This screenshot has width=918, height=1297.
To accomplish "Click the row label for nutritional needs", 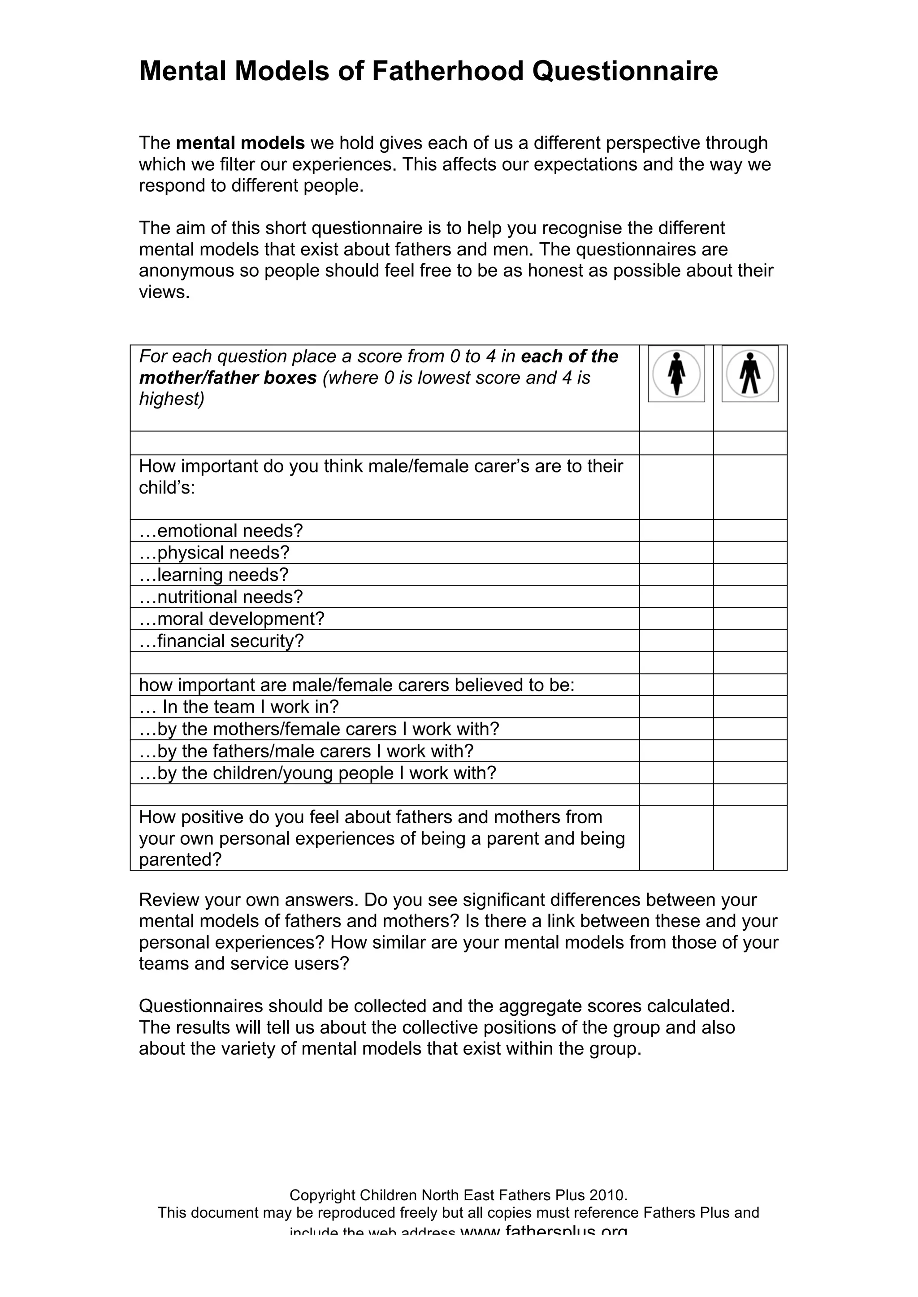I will tap(221, 597).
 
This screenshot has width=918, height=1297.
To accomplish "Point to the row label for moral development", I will tap(232, 618).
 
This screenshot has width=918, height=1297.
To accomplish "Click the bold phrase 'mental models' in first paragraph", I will tap(240, 143).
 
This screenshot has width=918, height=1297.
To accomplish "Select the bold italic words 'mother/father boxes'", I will tap(228, 378).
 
